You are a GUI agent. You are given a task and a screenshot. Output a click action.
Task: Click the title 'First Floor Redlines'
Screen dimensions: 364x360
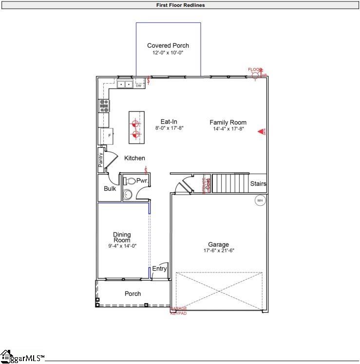[x=180, y=5]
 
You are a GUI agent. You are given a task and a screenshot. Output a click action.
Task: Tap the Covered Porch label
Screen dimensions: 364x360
[x=168, y=46]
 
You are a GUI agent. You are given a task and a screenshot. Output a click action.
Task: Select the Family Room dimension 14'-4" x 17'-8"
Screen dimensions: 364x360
[x=228, y=129]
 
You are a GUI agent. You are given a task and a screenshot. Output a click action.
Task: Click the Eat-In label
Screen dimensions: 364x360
[x=169, y=122]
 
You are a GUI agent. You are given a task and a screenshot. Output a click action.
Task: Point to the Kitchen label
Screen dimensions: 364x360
[x=134, y=158]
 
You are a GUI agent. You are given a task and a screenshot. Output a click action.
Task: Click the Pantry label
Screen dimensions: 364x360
[x=101, y=160]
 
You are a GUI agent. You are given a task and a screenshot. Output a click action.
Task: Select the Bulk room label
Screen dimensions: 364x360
[x=110, y=188]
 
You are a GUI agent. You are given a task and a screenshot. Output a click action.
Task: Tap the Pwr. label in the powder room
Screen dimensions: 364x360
[x=142, y=181]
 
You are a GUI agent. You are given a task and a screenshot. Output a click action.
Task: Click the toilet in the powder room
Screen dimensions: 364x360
[x=130, y=181]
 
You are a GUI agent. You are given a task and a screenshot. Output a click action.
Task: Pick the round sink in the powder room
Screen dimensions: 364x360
[x=128, y=195]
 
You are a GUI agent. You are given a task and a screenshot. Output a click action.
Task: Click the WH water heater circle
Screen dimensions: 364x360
[x=260, y=200]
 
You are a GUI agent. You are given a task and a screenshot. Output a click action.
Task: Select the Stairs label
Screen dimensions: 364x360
[x=258, y=184]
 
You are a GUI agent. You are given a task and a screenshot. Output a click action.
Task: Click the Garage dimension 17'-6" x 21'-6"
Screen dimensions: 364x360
[x=219, y=251]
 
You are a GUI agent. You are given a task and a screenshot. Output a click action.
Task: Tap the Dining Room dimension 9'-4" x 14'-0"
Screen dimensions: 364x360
[x=122, y=246]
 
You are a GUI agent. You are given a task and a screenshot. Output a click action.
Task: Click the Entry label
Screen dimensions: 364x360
[x=159, y=269]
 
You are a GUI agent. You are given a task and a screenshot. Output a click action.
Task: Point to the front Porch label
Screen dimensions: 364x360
[x=133, y=293]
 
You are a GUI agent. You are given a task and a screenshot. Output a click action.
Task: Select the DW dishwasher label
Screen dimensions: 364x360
[x=138, y=86]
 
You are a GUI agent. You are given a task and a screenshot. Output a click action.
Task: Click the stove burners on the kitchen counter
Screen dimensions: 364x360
[x=104, y=106]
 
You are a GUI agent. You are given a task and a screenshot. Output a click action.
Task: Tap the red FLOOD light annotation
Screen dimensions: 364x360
[x=255, y=70]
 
